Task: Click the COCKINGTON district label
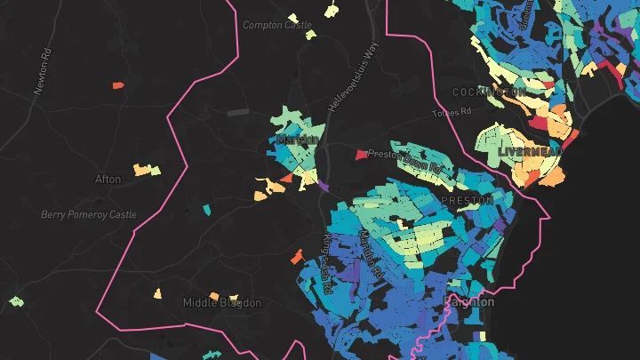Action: [488, 92]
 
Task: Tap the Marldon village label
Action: [297, 140]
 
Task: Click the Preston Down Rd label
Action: [405, 159]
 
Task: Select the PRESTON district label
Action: [467, 201]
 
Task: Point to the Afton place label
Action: [108, 179]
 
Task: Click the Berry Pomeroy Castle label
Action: [88, 215]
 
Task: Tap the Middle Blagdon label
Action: [221, 303]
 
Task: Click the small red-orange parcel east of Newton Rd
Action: [117, 85]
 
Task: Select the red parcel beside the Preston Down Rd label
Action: [361, 155]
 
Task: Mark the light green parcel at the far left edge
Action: [15, 301]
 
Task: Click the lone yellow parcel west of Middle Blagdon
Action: [157, 292]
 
